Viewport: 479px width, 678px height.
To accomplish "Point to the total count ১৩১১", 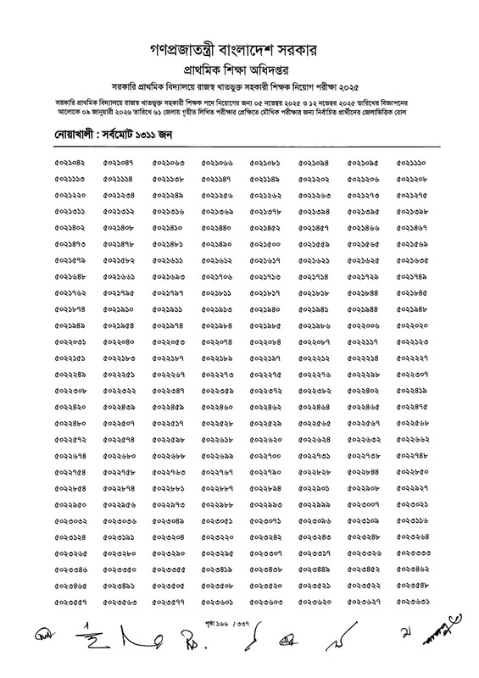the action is point(151,134).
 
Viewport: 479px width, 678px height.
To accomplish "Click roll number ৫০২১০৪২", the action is point(70,162).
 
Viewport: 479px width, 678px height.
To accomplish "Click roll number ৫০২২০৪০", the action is point(119,341).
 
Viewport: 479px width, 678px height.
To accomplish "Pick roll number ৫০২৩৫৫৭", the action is point(70,593).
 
